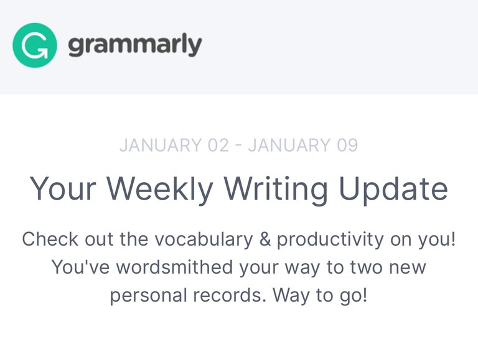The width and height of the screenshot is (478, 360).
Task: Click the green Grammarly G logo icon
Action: tap(35, 45)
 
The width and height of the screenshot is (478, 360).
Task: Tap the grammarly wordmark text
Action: tap(135, 45)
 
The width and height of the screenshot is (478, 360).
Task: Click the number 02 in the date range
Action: tap(218, 145)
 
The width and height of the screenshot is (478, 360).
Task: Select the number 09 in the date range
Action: tap(347, 145)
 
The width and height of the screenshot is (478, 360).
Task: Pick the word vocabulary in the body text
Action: tap(204, 239)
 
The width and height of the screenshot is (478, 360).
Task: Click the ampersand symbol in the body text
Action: tap(265, 239)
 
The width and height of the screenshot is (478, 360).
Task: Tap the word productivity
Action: tap(330, 239)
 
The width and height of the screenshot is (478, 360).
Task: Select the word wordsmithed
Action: tap(175, 267)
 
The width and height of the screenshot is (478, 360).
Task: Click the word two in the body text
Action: tap(367, 267)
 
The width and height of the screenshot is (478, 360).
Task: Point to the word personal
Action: tap(149, 295)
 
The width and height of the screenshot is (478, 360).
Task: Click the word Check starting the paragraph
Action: tap(50, 239)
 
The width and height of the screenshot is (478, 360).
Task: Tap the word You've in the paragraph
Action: tap(81, 267)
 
